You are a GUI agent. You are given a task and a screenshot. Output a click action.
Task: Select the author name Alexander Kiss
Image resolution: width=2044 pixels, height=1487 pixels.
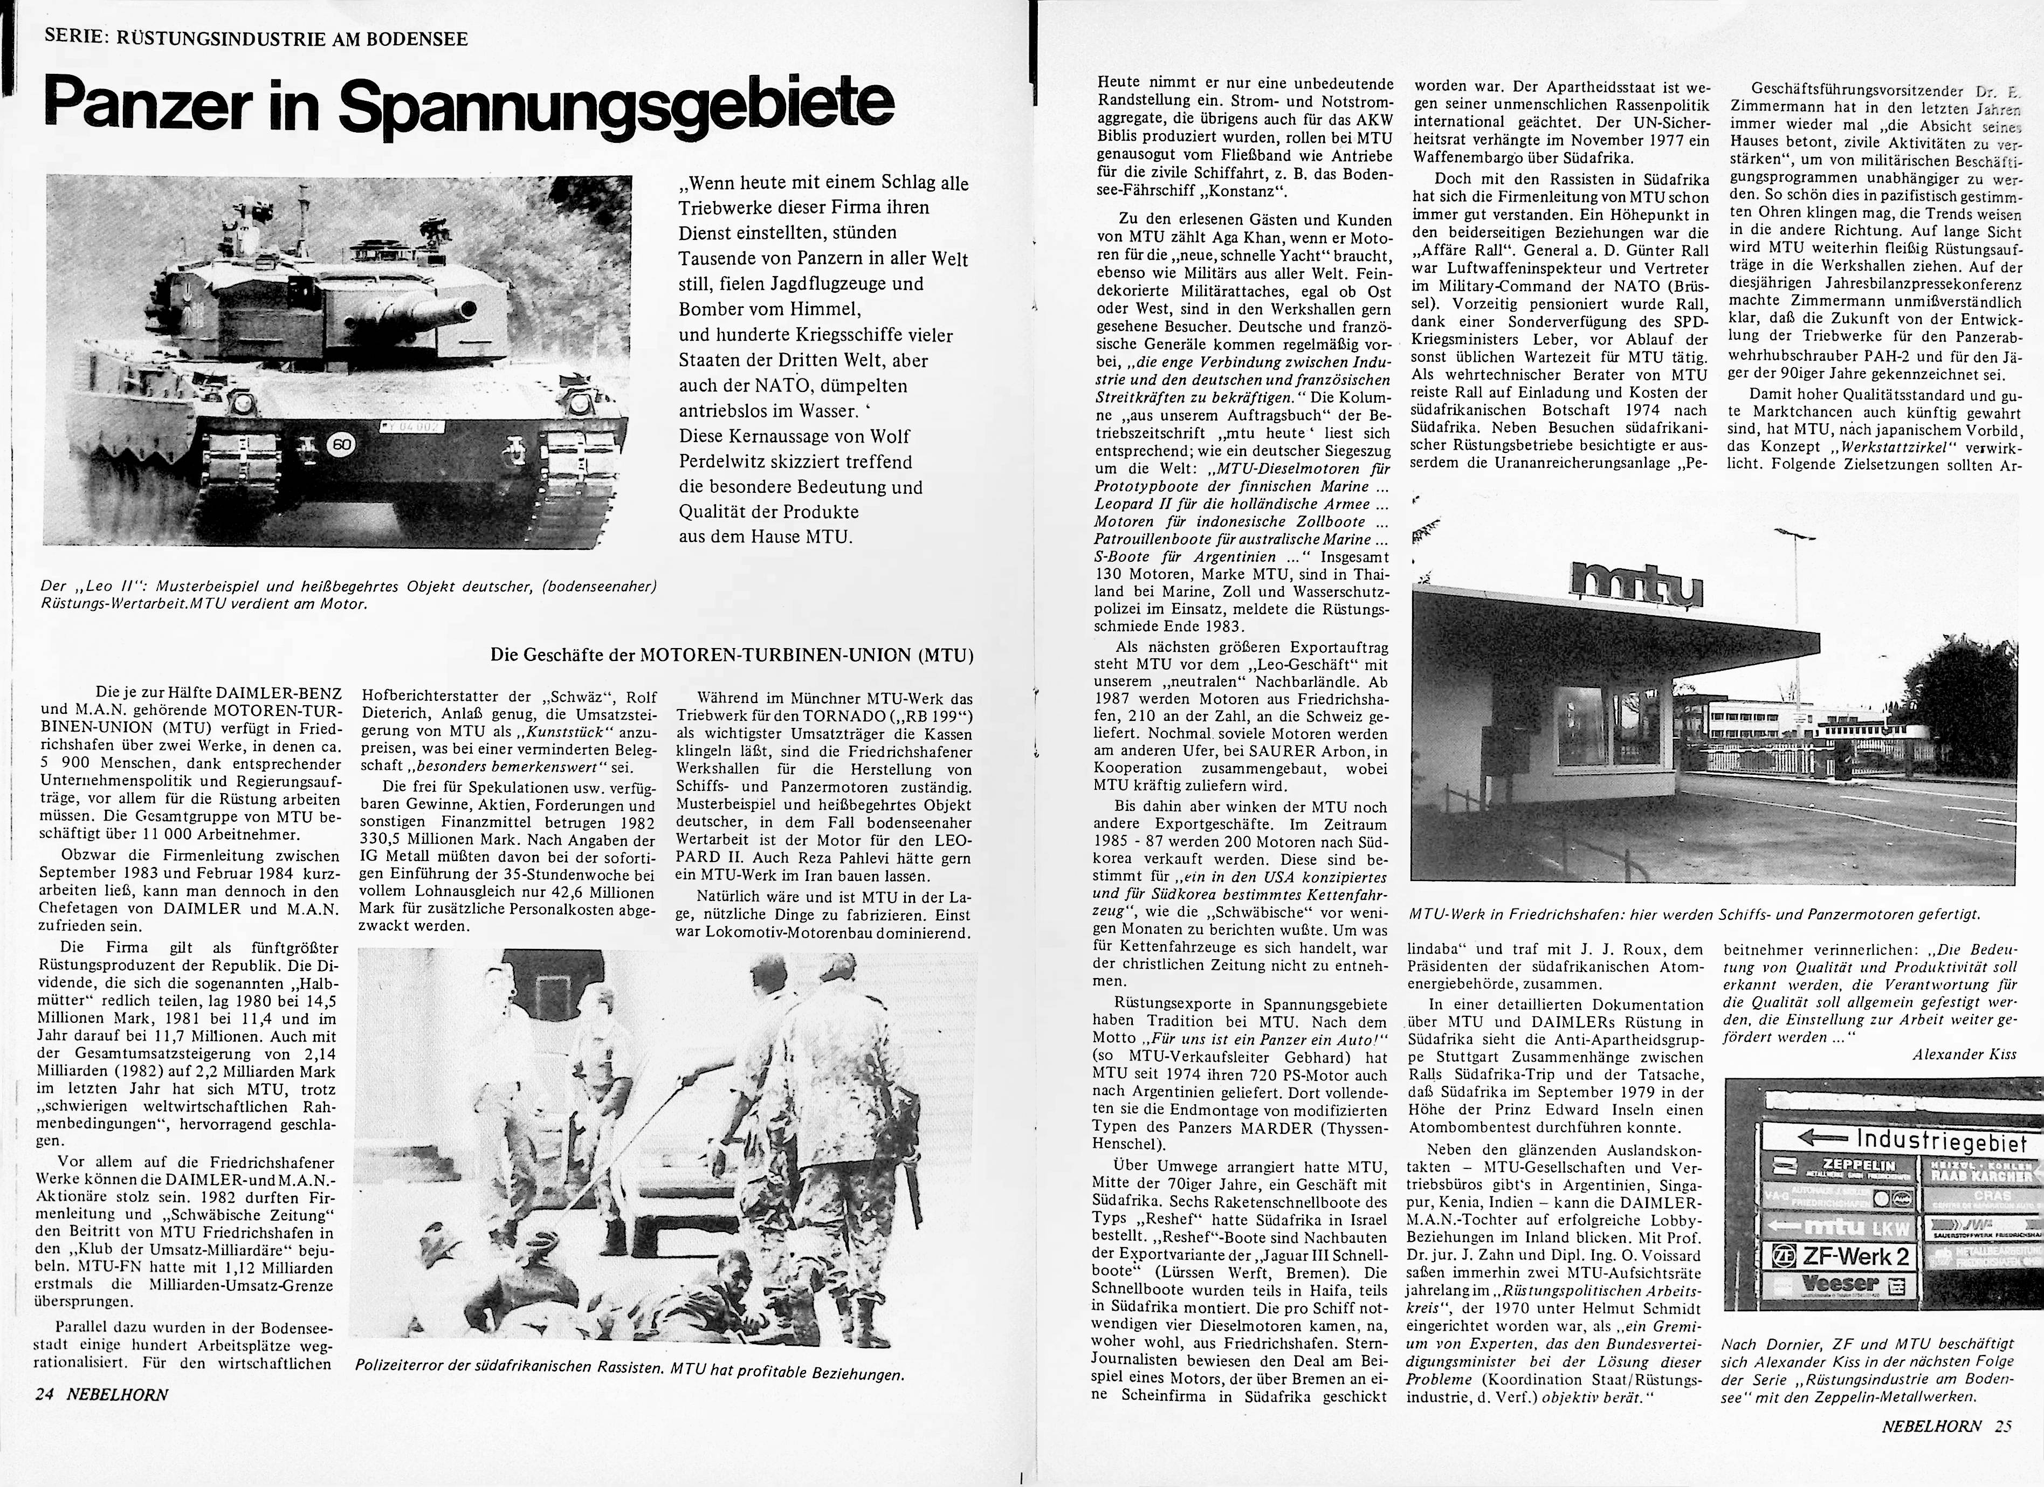point(1965,1055)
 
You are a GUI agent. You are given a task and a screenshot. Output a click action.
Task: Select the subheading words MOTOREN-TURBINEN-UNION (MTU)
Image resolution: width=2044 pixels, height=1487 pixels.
point(807,655)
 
